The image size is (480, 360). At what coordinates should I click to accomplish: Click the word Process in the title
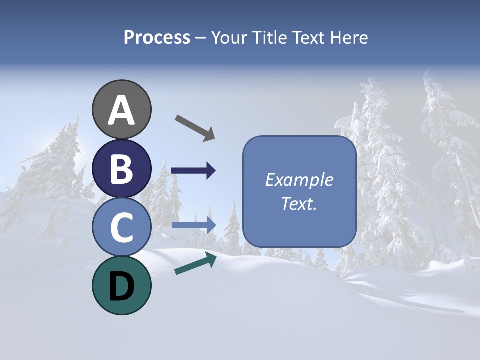tap(157, 38)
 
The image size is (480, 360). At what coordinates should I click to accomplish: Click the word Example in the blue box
tap(299, 180)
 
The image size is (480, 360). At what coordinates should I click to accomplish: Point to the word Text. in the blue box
tap(299, 204)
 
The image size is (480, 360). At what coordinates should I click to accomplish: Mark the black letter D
tap(122, 286)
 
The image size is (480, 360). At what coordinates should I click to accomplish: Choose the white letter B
tap(122, 169)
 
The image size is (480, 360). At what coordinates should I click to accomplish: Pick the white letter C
tap(122, 228)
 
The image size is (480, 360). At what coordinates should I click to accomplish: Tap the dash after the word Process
tap(201, 38)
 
